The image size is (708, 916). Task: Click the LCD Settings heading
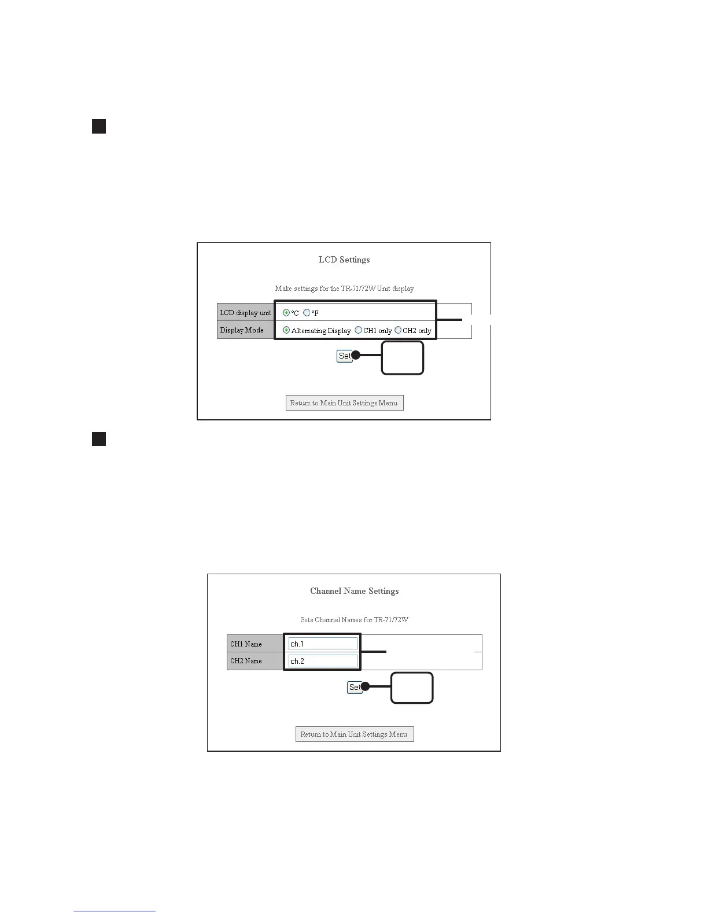(x=344, y=260)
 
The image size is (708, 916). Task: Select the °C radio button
(x=286, y=313)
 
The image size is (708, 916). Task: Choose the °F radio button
(x=307, y=313)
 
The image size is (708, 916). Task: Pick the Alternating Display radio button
(x=286, y=330)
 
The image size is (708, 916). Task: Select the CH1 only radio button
(x=359, y=330)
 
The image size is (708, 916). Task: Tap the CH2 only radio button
(x=398, y=330)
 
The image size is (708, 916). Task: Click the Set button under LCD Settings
(x=344, y=356)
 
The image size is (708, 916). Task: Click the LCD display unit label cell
(x=245, y=313)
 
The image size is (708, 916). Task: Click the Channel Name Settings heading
(x=355, y=591)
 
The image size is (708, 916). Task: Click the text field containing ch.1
(x=323, y=644)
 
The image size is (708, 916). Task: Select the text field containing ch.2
(x=323, y=660)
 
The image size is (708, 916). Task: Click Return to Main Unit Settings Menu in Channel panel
(x=355, y=734)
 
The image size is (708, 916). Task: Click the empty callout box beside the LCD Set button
(x=403, y=358)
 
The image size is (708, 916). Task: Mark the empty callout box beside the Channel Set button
(x=412, y=688)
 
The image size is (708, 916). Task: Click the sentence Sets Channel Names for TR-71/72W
(x=355, y=620)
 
